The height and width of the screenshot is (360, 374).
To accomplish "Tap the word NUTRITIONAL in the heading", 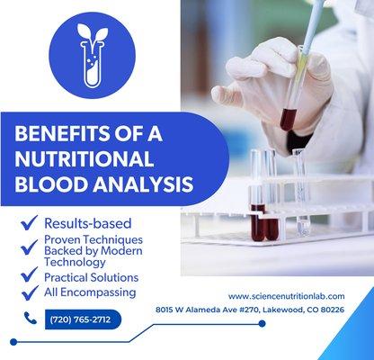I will [x=85, y=160].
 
